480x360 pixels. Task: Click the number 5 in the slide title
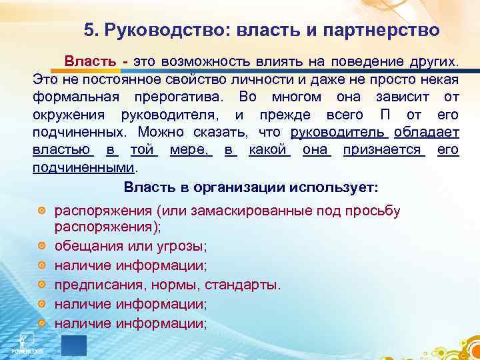click(x=89, y=30)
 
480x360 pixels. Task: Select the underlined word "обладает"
click(x=427, y=132)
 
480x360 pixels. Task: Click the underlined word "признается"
click(x=384, y=149)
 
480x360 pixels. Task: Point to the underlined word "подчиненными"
click(x=83, y=167)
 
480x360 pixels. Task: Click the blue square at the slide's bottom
click(x=73, y=346)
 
